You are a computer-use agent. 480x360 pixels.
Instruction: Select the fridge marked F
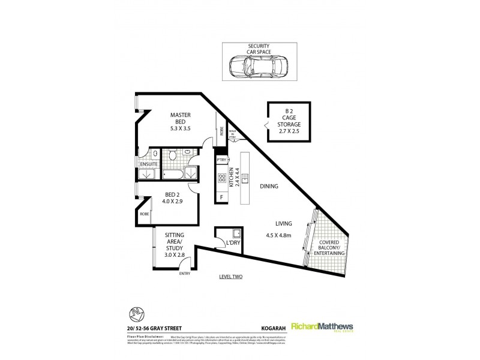pos(221,197)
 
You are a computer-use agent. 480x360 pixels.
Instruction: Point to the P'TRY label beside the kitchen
pos(221,160)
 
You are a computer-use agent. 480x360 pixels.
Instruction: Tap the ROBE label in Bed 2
pos(144,214)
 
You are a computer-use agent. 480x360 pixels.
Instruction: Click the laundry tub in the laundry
pos(236,233)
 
